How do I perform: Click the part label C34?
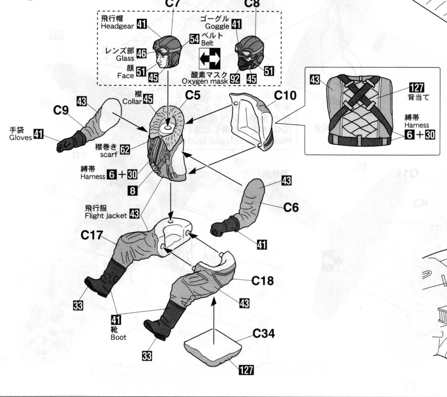point(263,334)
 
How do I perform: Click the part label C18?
point(263,281)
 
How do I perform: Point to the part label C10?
point(285,96)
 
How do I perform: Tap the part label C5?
point(193,95)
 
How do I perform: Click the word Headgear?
point(117,26)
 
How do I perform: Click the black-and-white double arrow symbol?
point(209,58)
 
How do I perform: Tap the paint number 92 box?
point(235,78)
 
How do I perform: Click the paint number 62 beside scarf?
point(125,149)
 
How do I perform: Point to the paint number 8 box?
point(132,190)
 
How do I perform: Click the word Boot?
point(118,337)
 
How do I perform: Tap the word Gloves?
point(19,137)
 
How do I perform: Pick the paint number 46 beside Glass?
point(141,54)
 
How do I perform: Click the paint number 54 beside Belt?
point(194,39)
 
